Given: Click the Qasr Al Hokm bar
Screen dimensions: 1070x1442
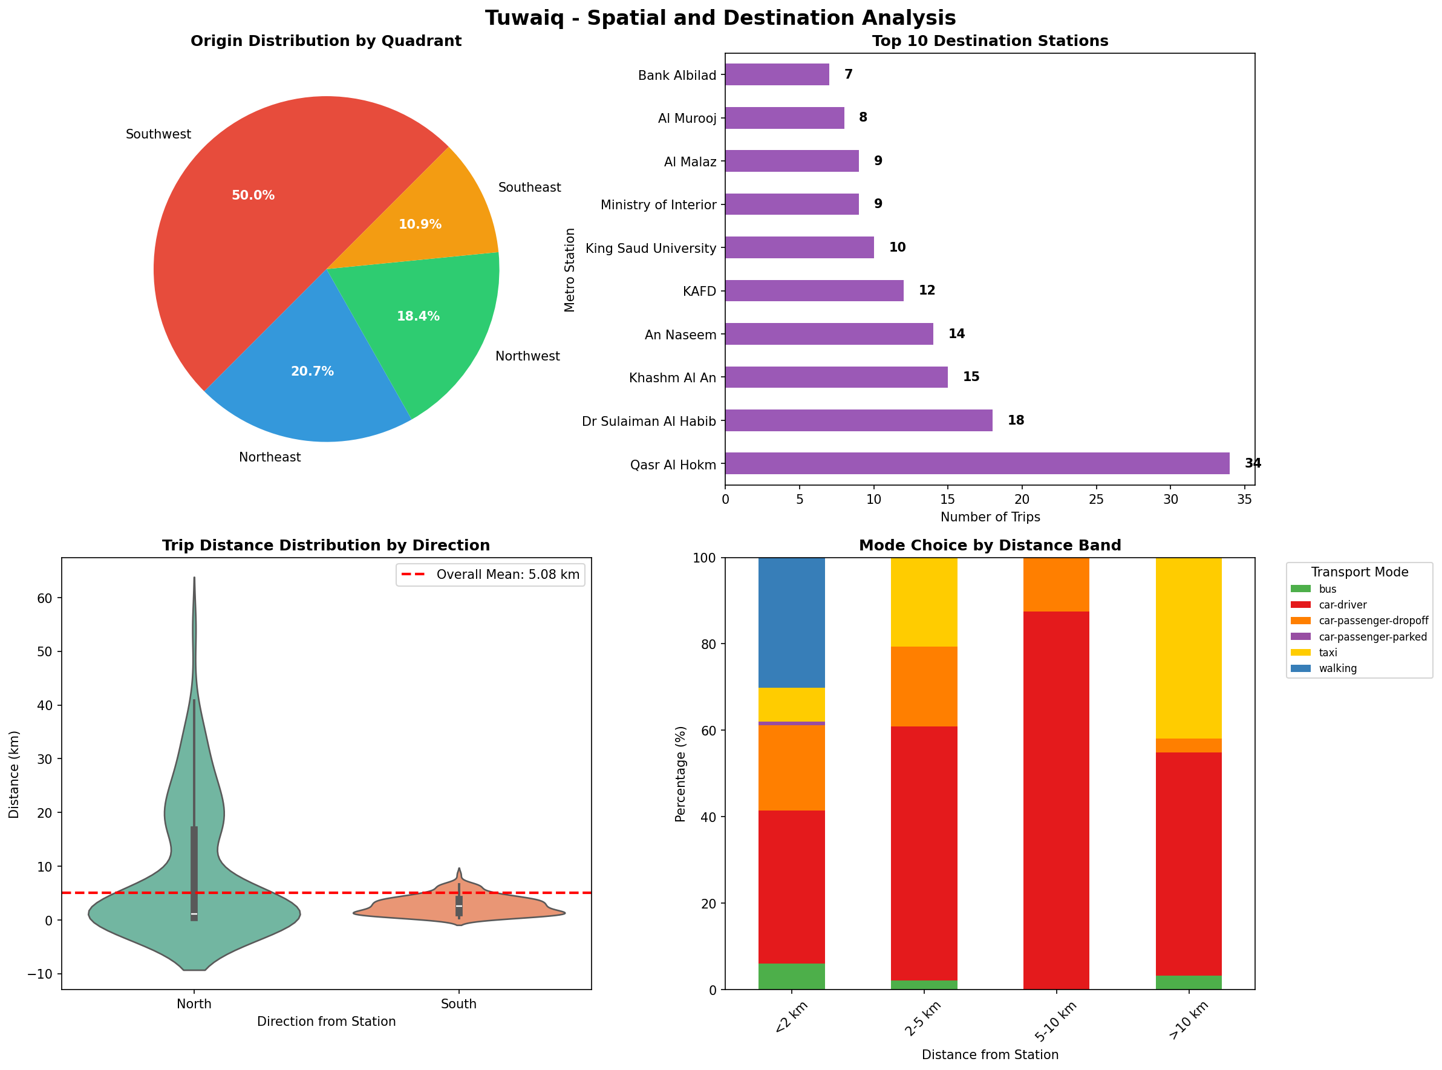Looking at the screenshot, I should pos(976,463).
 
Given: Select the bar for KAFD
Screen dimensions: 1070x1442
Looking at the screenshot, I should pos(814,291).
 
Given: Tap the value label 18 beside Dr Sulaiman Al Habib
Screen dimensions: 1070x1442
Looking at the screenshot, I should pos(1015,420).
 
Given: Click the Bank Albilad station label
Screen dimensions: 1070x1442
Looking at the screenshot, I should pos(676,75).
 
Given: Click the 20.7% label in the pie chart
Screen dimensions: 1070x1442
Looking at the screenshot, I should pos(312,371).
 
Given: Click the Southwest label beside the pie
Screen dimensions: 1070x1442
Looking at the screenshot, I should pos(158,134).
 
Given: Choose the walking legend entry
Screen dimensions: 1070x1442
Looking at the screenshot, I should pos(1337,668).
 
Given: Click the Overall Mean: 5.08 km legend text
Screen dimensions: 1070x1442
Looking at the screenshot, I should pos(507,575).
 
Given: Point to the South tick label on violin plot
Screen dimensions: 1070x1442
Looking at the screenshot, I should pos(458,1004).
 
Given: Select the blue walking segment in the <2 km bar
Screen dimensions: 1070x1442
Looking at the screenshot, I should pos(791,622).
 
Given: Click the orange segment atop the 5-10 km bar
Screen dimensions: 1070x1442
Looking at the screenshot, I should pos(1056,584).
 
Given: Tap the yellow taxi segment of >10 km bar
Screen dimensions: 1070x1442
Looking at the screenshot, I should pos(1188,648).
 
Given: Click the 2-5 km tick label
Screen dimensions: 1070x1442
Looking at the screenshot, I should pos(922,1020).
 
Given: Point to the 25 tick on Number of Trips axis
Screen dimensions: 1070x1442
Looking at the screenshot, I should pos(1096,500).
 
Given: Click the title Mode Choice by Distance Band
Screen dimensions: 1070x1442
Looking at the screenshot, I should pos(989,546).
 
